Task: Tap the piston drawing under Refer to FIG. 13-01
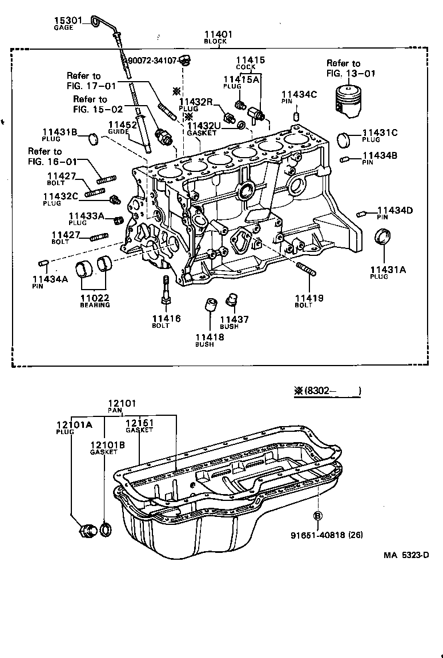click(347, 100)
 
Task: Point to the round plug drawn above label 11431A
click(382, 236)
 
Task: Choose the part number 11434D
click(394, 210)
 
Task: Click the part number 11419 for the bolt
click(309, 298)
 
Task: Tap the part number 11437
click(234, 319)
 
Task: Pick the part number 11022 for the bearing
click(94, 298)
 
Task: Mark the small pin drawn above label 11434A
click(42, 262)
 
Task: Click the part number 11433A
click(86, 216)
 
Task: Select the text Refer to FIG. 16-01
click(45, 156)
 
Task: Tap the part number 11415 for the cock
click(251, 59)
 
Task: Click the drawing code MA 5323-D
click(405, 554)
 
